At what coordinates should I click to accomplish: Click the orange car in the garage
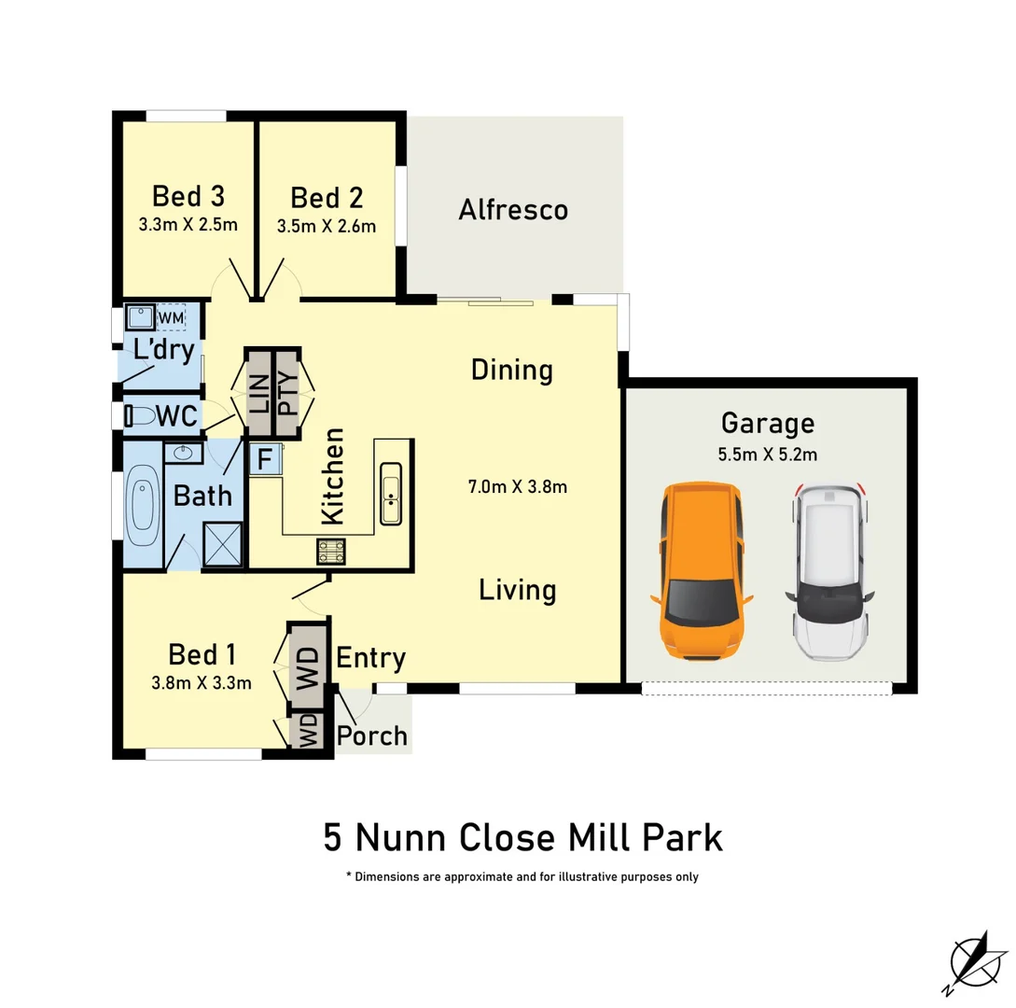702,571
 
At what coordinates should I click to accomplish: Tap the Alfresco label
513,210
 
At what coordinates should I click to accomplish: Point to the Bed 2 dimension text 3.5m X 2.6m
327,226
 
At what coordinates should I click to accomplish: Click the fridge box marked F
265,460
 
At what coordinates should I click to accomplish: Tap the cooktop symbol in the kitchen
331,552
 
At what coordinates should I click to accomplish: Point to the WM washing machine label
171,318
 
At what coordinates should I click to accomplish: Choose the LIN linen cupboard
258,393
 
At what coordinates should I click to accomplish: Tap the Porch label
372,735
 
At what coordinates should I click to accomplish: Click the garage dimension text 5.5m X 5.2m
767,456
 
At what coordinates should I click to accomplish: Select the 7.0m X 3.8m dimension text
518,486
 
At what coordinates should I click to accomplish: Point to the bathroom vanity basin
183,454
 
